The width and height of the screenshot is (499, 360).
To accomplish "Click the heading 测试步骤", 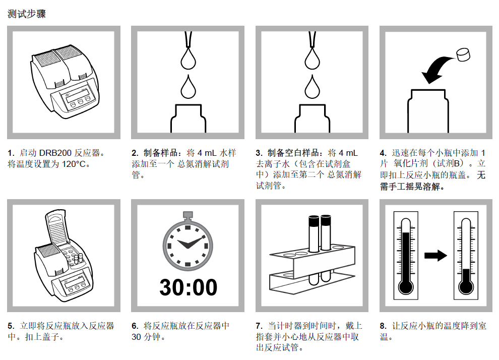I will (27, 14).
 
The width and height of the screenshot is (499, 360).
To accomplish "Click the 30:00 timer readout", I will (188, 287).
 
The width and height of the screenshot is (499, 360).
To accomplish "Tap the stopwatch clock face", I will (188, 244).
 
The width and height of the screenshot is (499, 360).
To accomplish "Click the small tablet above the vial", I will (463, 54).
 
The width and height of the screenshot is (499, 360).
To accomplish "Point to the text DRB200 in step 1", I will (57, 153).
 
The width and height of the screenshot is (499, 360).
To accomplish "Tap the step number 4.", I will (383, 153).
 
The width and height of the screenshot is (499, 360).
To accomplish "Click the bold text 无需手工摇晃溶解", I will (433, 181).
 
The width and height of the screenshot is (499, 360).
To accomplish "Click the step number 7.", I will (259, 326).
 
